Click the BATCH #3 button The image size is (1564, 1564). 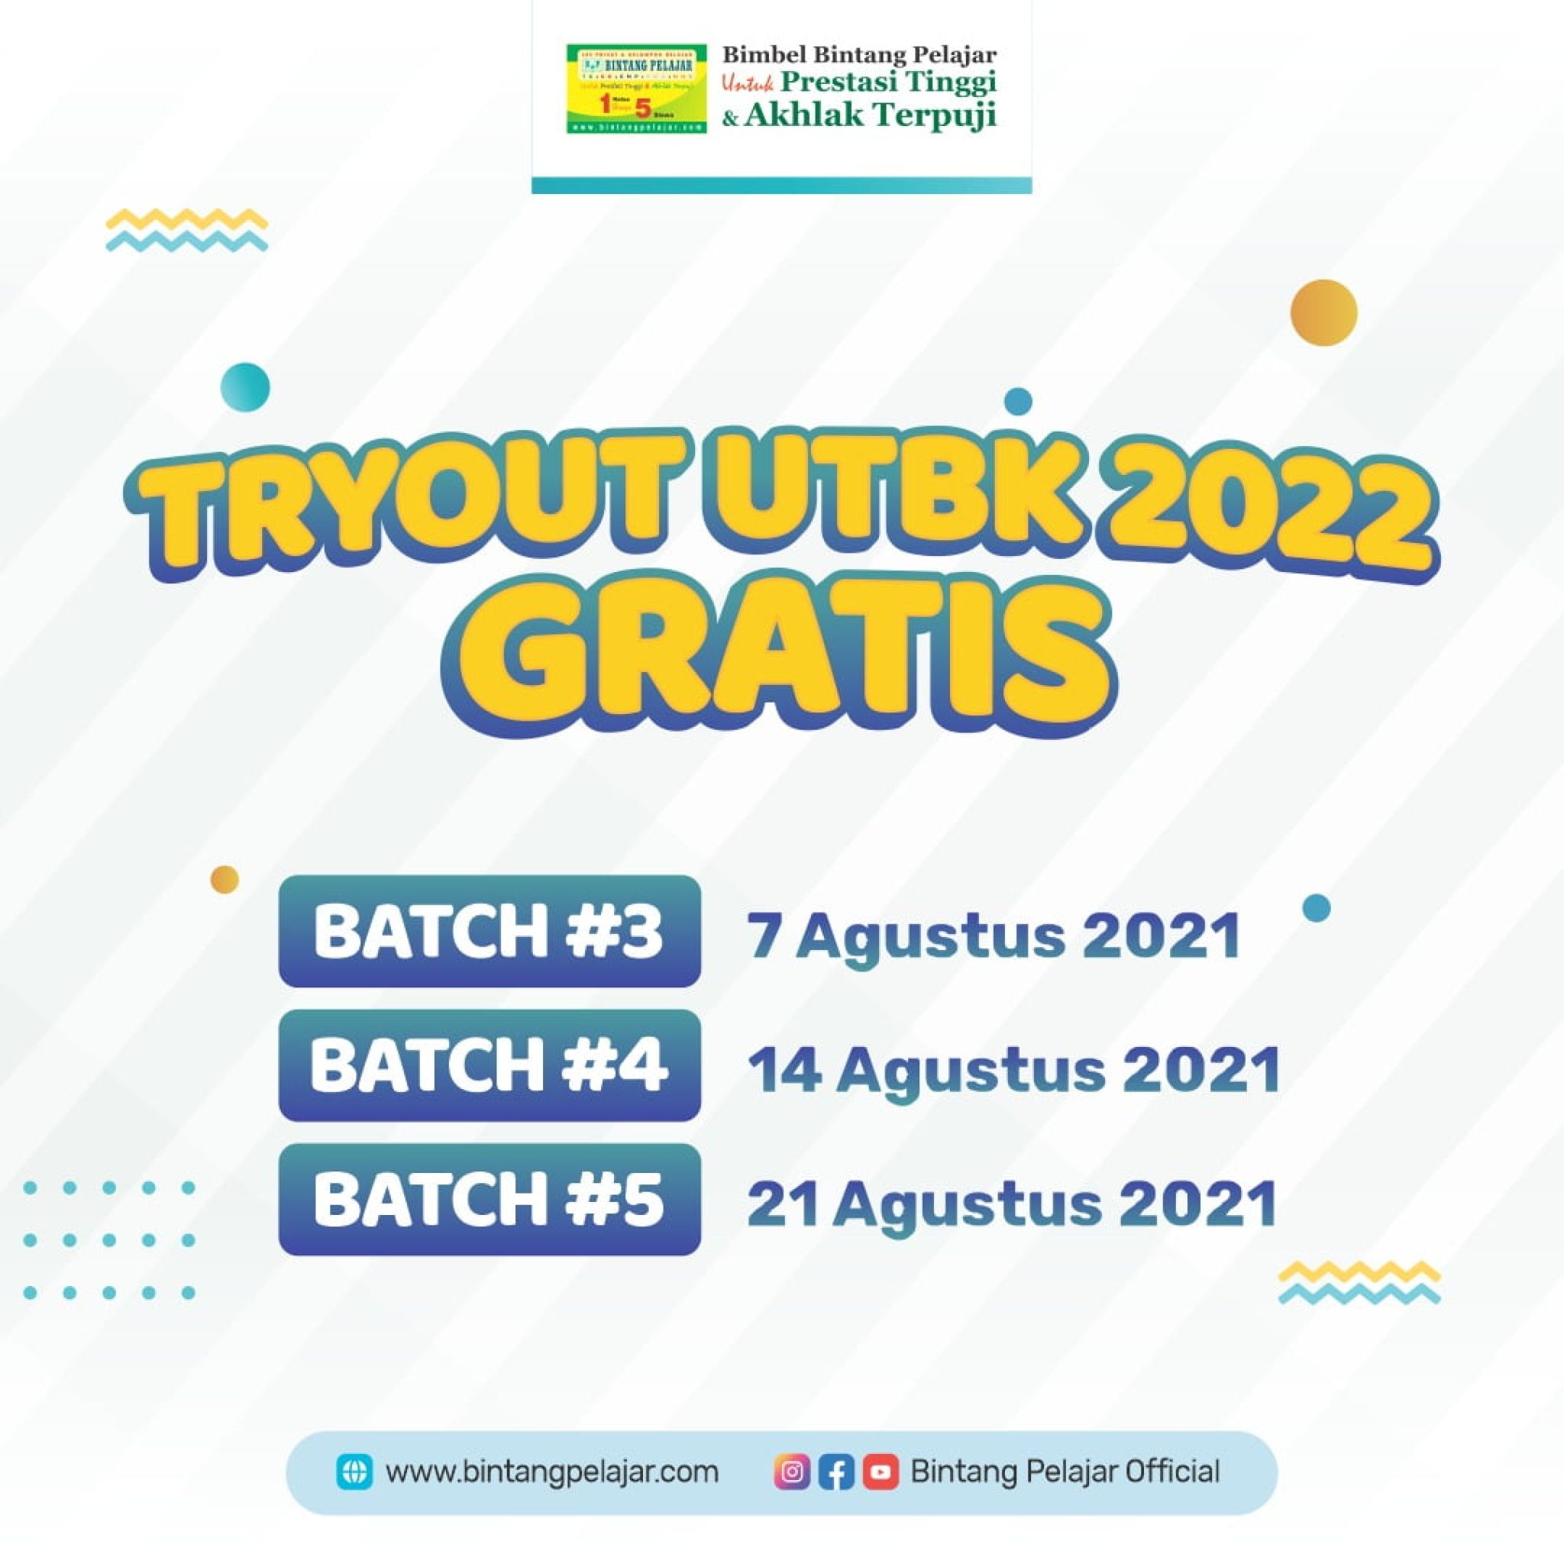(x=489, y=932)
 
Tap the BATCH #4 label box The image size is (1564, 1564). (x=489, y=1065)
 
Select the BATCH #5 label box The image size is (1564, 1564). (x=489, y=1200)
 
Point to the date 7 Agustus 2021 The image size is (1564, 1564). (x=994, y=935)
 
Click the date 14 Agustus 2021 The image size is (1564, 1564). (x=1013, y=1069)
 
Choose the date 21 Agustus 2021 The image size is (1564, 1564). (x=1012, y=1204)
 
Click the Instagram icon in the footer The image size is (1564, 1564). (x=792, y=1472)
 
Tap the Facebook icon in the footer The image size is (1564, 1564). (x=836, y=1472)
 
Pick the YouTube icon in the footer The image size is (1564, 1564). (x=881, y=1472)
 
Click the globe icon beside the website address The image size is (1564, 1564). (x=354, y=1472)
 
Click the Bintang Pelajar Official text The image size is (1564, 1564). (x=1065, y=1472)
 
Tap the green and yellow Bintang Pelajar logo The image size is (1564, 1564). (x=636, y=89)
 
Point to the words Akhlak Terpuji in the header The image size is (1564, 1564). (x=871, y=117)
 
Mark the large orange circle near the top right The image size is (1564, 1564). (x=1323, y=312)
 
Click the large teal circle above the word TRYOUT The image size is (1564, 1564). (x=244, y=387)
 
